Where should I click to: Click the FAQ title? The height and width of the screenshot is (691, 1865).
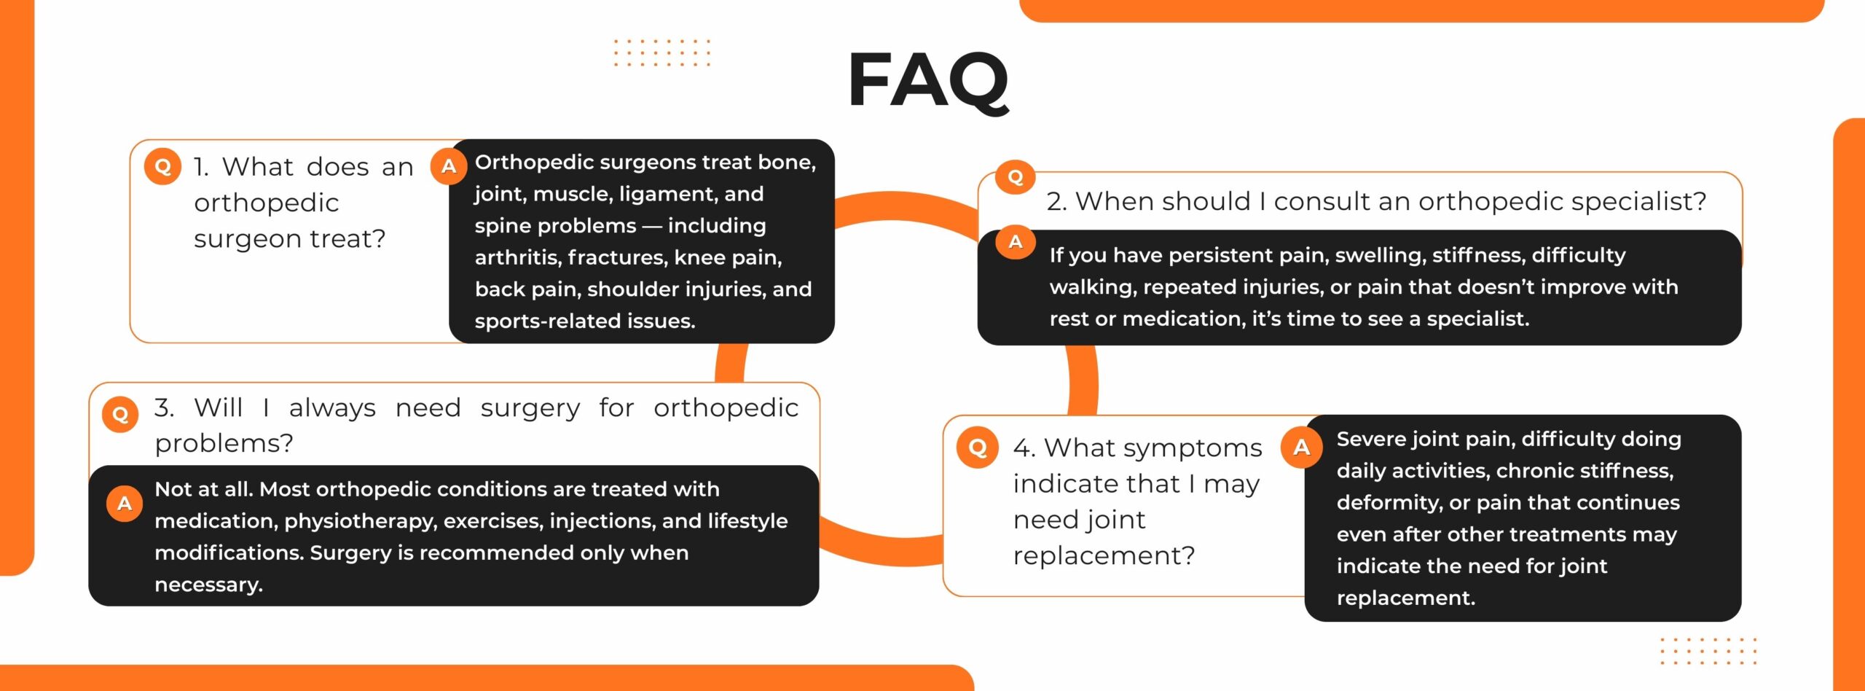coord(929,81)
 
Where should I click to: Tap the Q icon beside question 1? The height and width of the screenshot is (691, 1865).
coord(162,167)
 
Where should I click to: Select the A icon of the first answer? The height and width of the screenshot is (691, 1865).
coord(449,166)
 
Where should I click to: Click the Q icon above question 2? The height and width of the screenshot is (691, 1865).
coord(1016,177)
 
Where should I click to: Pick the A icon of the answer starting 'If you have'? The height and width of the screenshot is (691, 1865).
coord(1016,243)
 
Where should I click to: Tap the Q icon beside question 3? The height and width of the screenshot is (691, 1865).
coord(121,415)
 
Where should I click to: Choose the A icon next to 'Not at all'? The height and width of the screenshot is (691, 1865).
coord(125,504)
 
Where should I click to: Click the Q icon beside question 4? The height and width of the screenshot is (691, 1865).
coord(978,447)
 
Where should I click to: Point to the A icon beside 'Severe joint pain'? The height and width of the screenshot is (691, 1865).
coord(1302,447)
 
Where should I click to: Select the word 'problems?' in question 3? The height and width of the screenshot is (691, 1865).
coord(224,444)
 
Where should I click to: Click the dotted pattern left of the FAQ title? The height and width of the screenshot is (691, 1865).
coord(661,53)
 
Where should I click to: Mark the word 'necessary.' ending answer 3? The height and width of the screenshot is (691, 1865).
coord(209,585)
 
